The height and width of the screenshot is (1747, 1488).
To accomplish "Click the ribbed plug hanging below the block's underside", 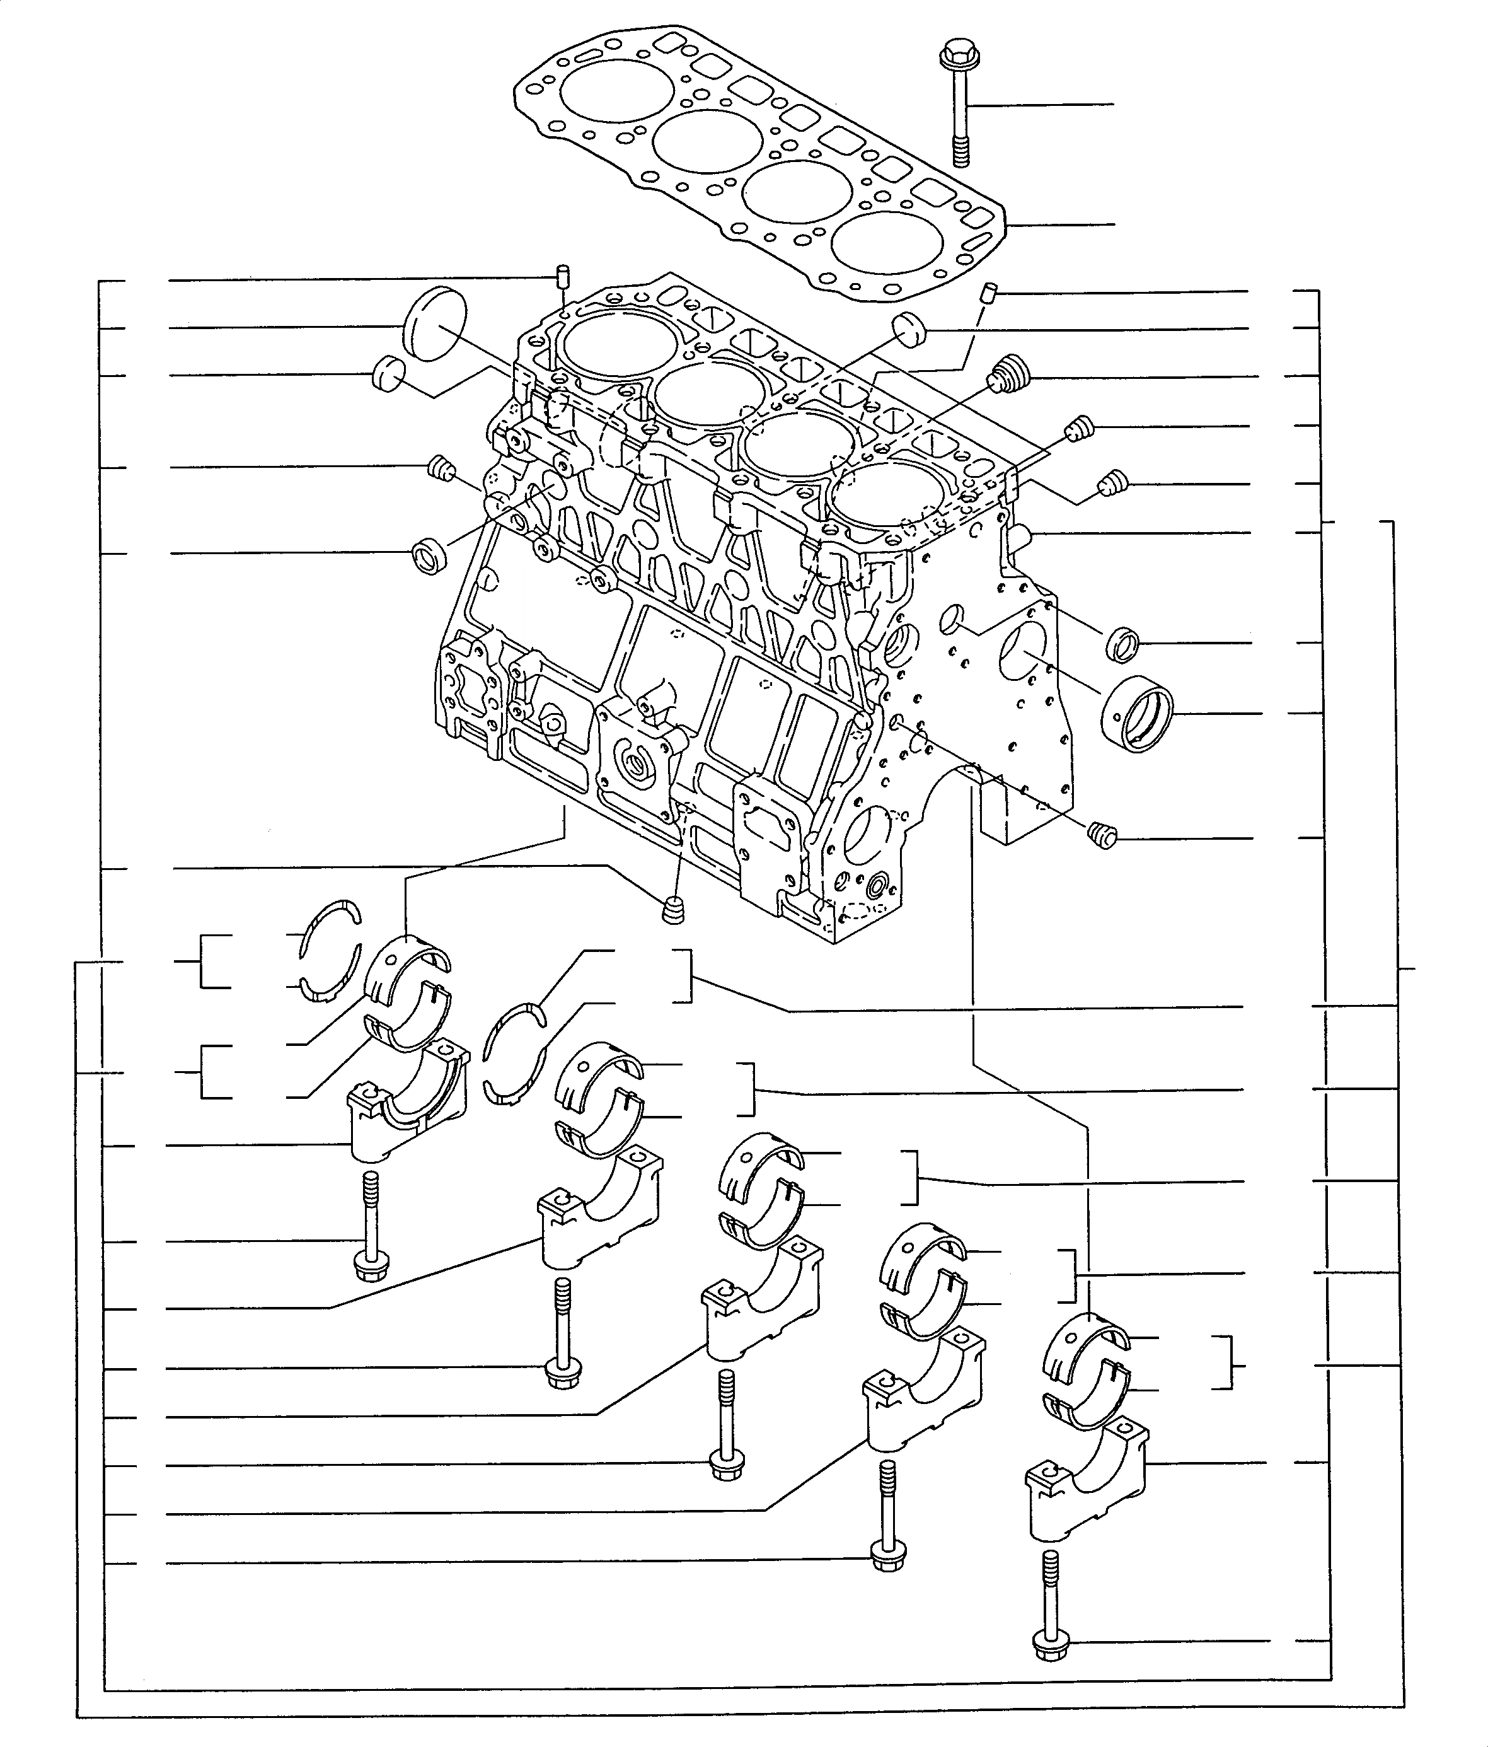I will [x=671, y=910].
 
